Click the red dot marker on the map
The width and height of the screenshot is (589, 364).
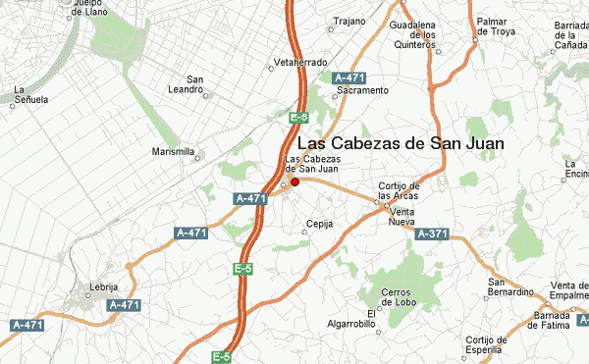(x=295, y=182)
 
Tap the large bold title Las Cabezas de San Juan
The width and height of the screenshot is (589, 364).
(x=401, y=143)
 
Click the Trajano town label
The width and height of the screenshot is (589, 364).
(x=349, y=21)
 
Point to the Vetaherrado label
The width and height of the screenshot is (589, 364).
(x=299, y=61)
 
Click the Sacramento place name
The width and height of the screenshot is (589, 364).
(x=362, y=90)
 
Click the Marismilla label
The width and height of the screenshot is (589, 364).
(x=175, y=152)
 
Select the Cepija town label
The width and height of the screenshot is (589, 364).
(x=320, y=224)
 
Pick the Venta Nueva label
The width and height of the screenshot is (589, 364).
(x=402, y=218)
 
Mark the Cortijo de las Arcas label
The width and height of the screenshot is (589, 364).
(x=400, y=189)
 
